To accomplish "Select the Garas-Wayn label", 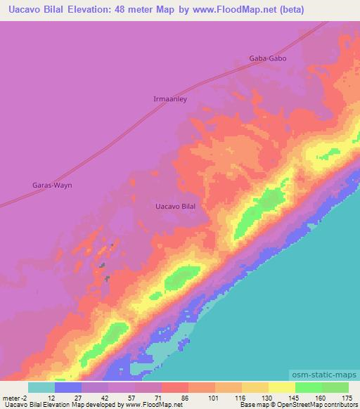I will point(53,185).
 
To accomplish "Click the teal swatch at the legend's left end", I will point(41,387).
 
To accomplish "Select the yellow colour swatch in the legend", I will point(281,387).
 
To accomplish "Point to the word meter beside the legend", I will point(11,397).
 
